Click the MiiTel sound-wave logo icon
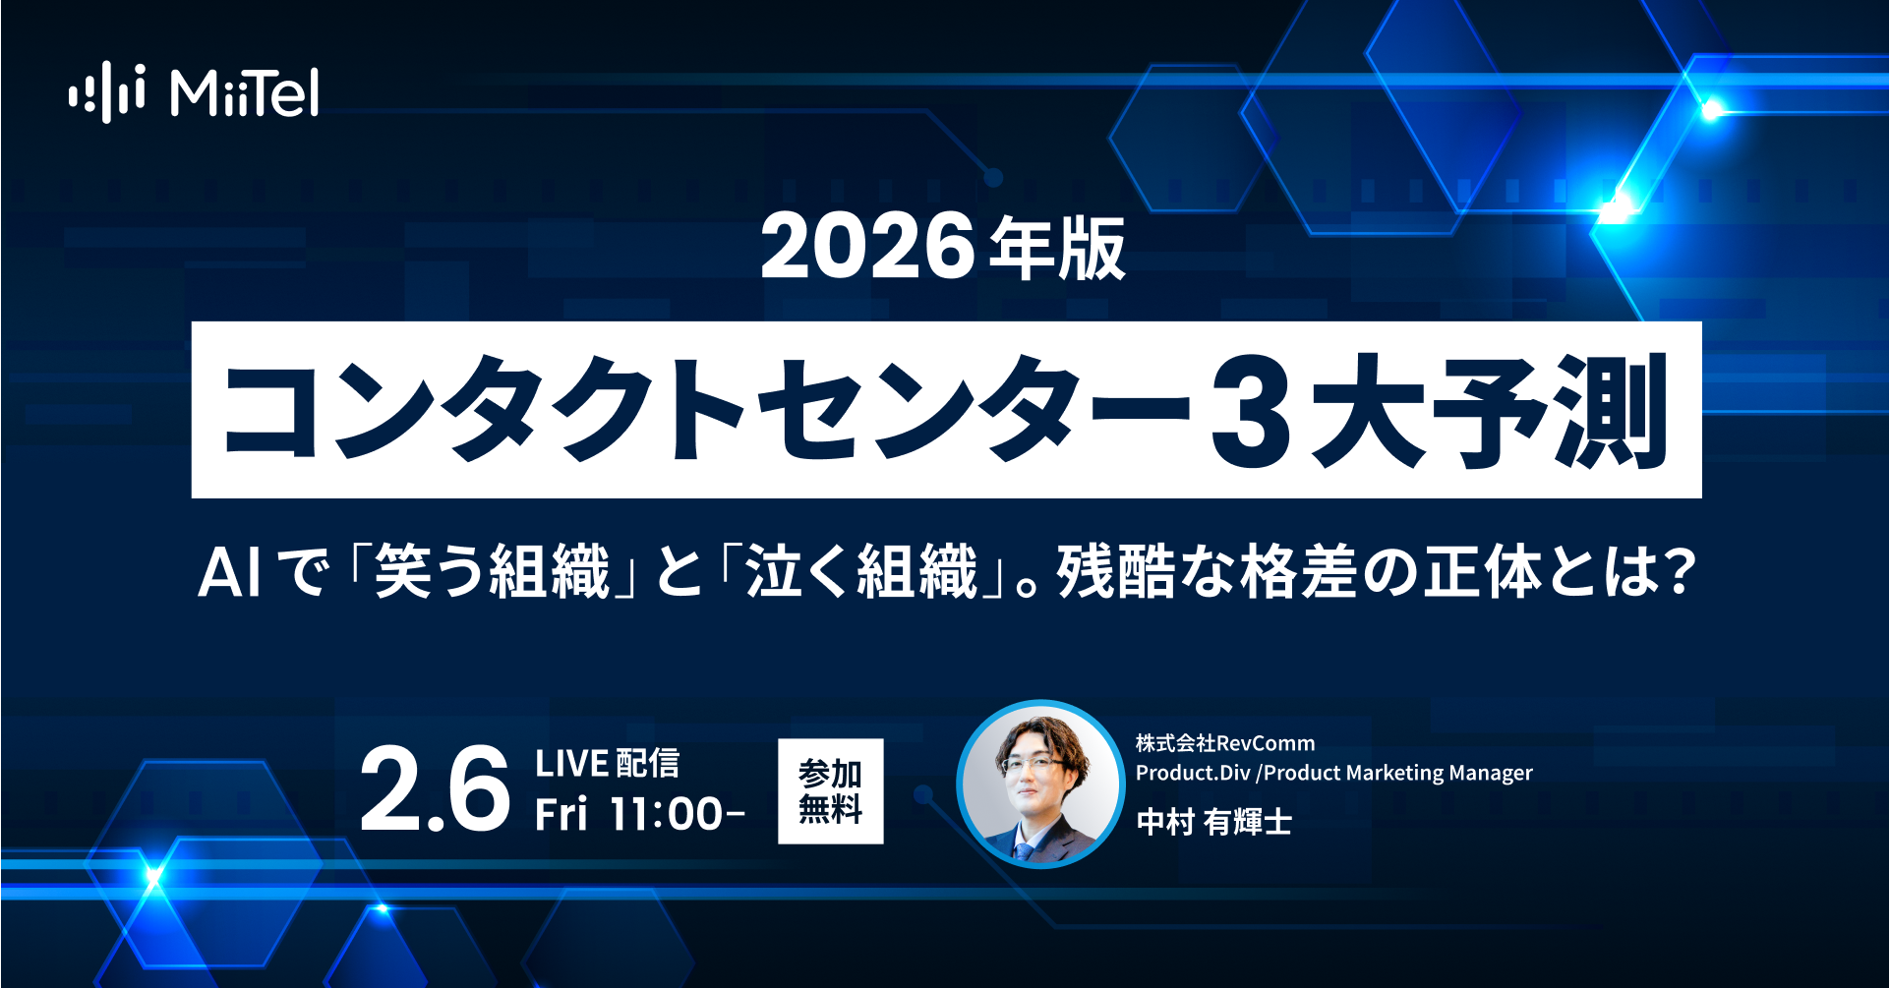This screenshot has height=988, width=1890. [x=107, y=92]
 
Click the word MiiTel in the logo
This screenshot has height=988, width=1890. [x=244, y=93]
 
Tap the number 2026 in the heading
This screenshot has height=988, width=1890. [x=867, y=247]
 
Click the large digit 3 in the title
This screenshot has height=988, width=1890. [x=1250, y=412]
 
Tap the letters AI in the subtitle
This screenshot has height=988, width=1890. [x=230, y=573]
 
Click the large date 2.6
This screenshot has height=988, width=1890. [x=435, y=789]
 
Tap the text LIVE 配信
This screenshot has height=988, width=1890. [x=607, y=764]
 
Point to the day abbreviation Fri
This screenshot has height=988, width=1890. [x=561, y=815]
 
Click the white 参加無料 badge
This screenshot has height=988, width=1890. [x=831, y=791]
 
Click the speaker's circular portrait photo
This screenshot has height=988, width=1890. [x=1040, y=785]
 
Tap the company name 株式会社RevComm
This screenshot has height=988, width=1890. [x=1225, y=743]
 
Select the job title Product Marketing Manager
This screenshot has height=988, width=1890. [x=1398, y=773]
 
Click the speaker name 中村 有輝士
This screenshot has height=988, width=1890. [x=1214, y=821]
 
